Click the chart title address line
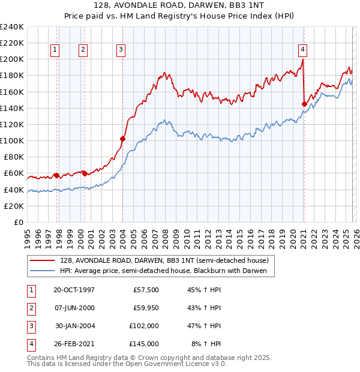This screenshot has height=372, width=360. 180,5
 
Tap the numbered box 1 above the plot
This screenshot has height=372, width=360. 55,50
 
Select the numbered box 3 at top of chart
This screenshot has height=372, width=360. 121,50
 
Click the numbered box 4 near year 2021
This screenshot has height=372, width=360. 302,50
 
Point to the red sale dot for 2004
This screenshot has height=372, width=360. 122,139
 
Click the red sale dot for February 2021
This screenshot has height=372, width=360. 304,104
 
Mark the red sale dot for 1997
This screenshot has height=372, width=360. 56,175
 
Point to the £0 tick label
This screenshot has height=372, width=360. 17,222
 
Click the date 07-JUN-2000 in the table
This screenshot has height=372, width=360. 74,307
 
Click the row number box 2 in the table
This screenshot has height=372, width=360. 30,308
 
